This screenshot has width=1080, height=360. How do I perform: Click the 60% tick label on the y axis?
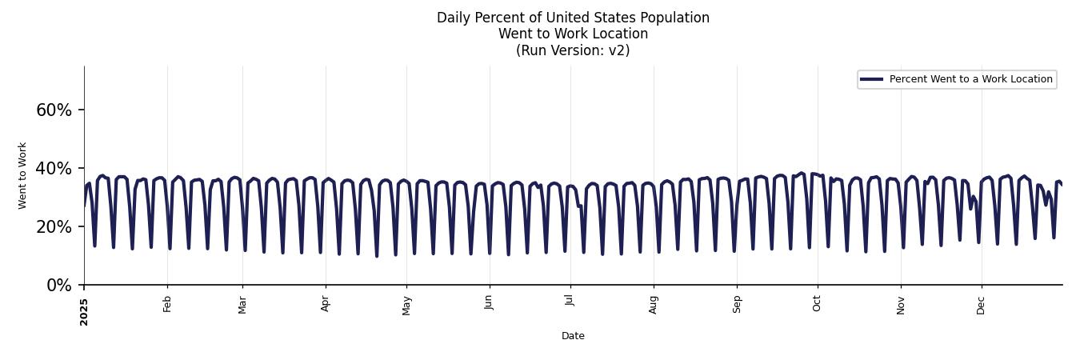coord(54,110)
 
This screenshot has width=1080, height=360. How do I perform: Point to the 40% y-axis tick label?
coord(54,169)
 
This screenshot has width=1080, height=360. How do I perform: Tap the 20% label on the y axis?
coord(54,227)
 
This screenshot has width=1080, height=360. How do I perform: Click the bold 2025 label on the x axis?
coord(84,311)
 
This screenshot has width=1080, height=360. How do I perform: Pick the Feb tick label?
coord(167,303)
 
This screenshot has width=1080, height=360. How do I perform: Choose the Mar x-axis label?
coord(242,304)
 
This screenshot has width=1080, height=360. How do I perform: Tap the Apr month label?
coord(326,303)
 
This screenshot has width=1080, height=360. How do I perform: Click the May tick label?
coord(406,305)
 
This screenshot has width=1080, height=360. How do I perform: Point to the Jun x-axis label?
coord(490,303)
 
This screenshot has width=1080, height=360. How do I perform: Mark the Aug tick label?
coord(654,304)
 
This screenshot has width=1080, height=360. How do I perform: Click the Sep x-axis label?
coord(737,304)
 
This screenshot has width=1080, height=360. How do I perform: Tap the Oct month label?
coord(817,303)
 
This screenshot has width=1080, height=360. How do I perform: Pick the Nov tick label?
coord(901,304)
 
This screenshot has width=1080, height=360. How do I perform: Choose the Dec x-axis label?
coord(982,304)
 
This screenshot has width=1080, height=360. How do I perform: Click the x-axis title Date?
coord(573,336)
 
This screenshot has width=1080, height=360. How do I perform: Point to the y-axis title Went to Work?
coord(22,175)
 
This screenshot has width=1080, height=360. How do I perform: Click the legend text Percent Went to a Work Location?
coord(970,79)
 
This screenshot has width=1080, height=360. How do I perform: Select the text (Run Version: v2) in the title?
coord(573,50)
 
